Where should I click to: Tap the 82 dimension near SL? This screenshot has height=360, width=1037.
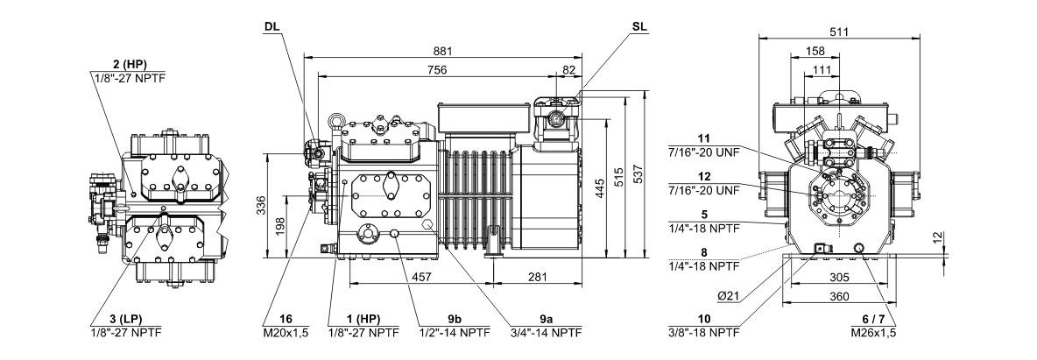pos(570,70)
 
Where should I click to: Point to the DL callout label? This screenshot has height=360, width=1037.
pos(272,26)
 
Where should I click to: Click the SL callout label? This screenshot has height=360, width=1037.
pos(639,26)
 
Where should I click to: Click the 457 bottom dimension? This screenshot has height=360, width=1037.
pos(421,278)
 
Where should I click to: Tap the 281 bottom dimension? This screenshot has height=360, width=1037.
pos(539,278)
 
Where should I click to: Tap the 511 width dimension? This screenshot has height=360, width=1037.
pos(840,32)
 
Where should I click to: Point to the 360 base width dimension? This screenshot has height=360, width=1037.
pos(840,297)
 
